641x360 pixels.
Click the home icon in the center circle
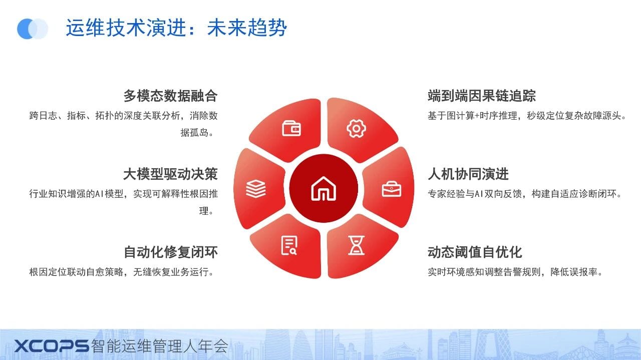[x=324, y=189]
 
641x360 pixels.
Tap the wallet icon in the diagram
[x=291, y=128]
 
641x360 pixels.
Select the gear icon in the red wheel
[x=356, y=129]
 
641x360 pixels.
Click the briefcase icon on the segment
[x=392, y=189]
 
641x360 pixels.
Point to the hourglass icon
[x=356, y=245]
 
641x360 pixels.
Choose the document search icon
[x=289, y=245]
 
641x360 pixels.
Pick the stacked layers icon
[x=256, y=189]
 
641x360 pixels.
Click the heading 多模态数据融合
[x=171, y=96]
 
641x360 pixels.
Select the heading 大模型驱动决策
[x=171, y=174]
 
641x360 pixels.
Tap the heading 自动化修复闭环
[x=171, y=252]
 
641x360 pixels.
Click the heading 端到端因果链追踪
[x=482, y=96]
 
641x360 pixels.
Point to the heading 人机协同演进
[x=468, y=174]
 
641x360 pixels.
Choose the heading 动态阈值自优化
[x=475, y=252]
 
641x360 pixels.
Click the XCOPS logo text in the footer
[x=52, y=345]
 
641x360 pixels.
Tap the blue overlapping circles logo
[x=33, y=29]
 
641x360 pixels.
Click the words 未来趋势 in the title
[x=247, y=28]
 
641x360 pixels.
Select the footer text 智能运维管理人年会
[x=159, y=345]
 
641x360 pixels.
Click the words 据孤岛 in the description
[x=194, y=133]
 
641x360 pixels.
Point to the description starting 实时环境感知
[x=515, y=272]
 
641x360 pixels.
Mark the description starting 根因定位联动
[x=122, y=272]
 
